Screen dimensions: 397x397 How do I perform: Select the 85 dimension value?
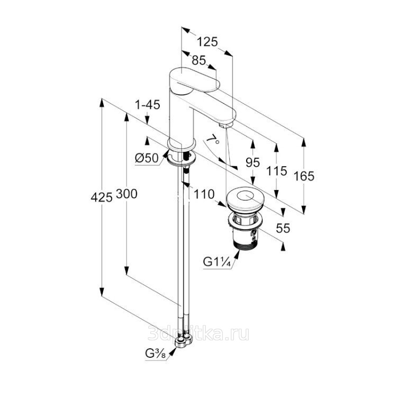click(x=199, y=61)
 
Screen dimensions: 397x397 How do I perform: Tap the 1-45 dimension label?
click(x=147, y=105)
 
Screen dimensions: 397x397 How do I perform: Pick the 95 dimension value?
click(x=253, y=163)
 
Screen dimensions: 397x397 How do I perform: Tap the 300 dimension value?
click(x=127, y=194)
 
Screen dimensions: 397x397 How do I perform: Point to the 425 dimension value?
click(x=102, y=196)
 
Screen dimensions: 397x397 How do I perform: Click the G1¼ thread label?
click(x=217, y=261)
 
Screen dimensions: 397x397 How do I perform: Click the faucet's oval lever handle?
click(x=196, y=79)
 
